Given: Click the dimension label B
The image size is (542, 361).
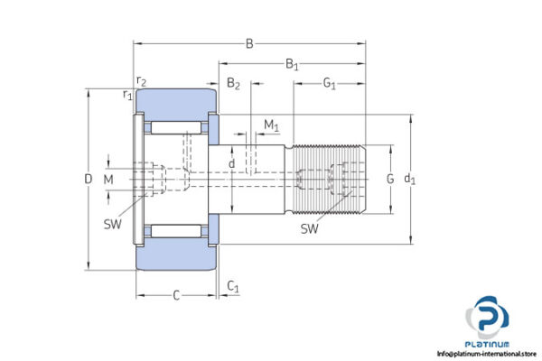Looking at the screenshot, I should pyautogui.click(x=249, y=42).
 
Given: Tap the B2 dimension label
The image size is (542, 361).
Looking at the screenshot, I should pyautogui.click(x=233, y=84).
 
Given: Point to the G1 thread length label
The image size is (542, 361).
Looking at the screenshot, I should pyautogui.click(x=329, y=84).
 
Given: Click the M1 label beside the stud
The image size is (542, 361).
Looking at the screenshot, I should pyautogui.click(x=271, y=124).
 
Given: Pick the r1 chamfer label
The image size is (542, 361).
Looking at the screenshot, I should pyautogui.click(x=127, y=94).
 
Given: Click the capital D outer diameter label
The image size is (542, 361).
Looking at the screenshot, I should pyautogui.click(x=88, y=180).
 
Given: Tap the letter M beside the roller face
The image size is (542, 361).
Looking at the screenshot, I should pyautogui.click(x=108, y=180).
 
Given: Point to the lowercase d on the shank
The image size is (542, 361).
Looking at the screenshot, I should pyautogui.click(x=232, y=163).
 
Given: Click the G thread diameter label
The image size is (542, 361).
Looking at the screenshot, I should pyautogui.click(x=390, y=179).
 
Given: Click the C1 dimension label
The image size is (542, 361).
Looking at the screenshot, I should pyautogui.click(x=233, y=287).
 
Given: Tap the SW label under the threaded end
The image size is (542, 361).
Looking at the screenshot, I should pyautogui.click(x=309, y=229).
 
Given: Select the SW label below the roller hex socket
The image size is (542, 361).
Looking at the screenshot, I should pyautogui.click(x=113, y=222).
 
